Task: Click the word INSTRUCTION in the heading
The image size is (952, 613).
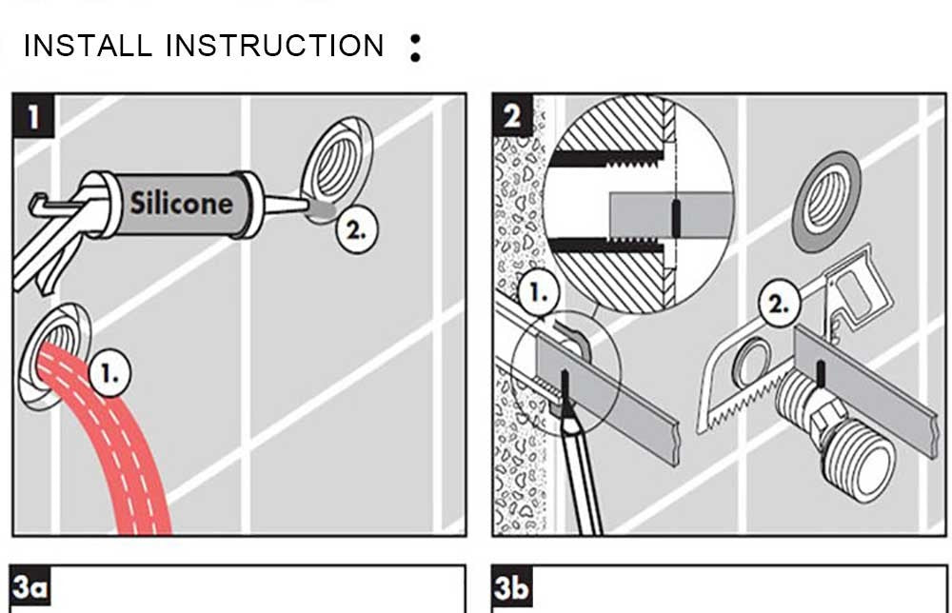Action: [x=275, y=46]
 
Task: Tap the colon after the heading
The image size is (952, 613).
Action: [x=414, y=48]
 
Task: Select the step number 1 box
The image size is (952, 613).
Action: [x=34, y=116]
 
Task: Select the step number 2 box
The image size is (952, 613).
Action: [x=513, y=116]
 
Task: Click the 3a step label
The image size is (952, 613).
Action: [x=31, y=588]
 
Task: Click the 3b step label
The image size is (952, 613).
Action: [x=513, y=588]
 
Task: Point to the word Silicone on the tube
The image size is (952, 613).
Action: [x=181, y=203]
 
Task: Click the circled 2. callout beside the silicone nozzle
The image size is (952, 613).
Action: [x=359, y=228]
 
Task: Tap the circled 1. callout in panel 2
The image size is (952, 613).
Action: [x=538, y=294]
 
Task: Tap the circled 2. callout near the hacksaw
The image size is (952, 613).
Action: [x=779, y=306]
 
